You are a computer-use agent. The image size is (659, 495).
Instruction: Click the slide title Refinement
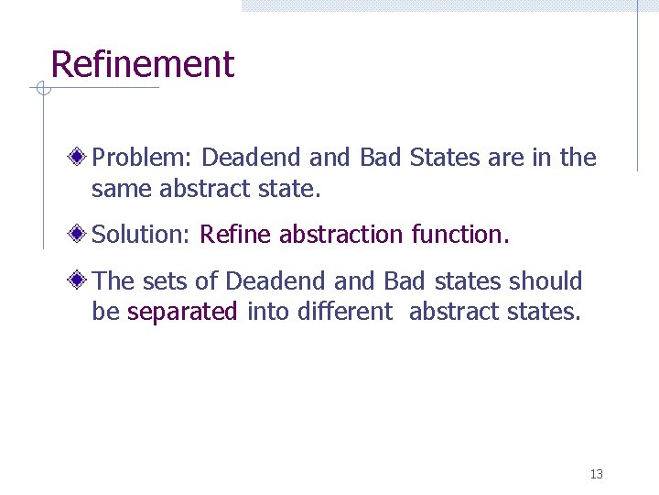[143, 65]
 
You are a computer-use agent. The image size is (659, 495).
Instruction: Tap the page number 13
[597, 474]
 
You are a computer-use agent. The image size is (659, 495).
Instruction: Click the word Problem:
[143, 159]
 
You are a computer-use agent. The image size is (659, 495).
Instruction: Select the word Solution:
[141, 236]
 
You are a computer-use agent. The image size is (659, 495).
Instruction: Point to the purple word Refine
[236, 236]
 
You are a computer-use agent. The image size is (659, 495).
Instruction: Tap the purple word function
[460, 236]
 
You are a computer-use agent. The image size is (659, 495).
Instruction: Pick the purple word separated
[182, 313]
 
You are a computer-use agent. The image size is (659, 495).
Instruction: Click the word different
[346, 313]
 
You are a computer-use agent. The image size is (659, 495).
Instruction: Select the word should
[546, 281]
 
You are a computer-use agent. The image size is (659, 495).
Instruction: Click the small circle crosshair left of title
[40, 89]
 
